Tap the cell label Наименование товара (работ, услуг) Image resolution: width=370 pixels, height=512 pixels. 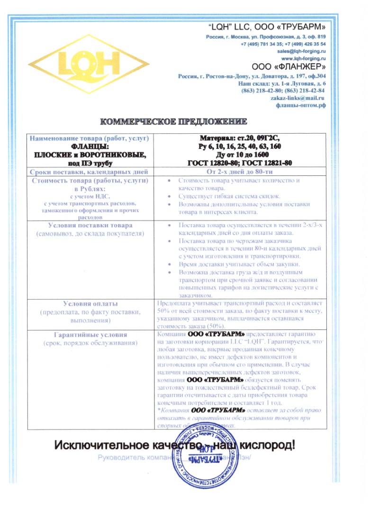tap(90, 138)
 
